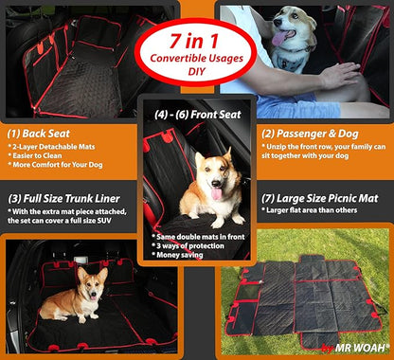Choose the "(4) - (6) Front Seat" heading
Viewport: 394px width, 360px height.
point(198,114)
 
